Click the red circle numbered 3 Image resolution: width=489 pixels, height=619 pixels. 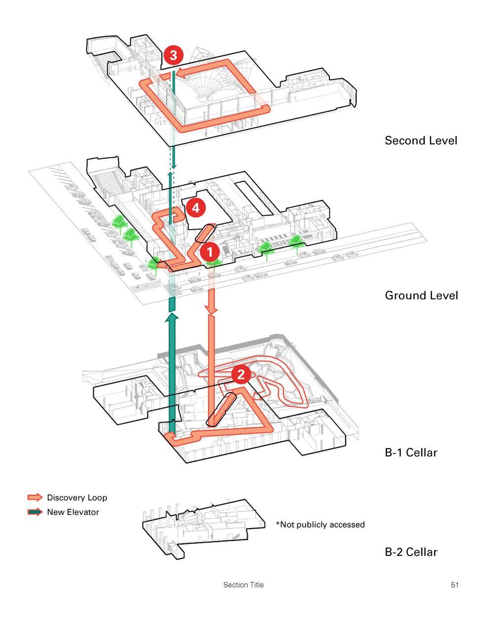pyautogui.click(x=173, y=55)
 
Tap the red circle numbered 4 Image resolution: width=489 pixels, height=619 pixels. pyautogui.click(x=195, y=208)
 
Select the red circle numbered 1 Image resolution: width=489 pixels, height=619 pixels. pyautogui.click(x=209, y=252)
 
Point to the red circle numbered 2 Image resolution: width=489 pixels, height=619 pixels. pyautogui.click(x=241, y=374)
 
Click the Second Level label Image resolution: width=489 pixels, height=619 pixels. pyautogui.click(x=421, y=140)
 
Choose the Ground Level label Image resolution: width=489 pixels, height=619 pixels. pyautogui.click(x=421, y=295)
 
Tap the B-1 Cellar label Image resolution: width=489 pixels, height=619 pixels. pyautogui.click(x=411, y=452)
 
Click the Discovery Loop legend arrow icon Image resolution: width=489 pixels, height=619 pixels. pyautogui.click(x=35, y=497)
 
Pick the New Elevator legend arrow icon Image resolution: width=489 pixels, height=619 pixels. pyautogui.click(x=35, y=512)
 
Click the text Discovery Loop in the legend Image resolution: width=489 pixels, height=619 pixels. pyautogui.click(x=77, y=497)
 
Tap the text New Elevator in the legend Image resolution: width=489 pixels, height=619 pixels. pyautogui.click(x=73, y=512)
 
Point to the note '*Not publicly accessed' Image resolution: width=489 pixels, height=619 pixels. pyautogui.click(x=320, y=524)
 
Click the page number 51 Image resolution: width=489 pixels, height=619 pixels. pyautogui.click(x=454, y=585)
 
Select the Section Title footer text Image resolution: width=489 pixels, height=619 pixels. pyautogui.click(x=244, y=585)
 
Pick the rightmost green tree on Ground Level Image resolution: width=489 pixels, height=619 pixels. pyautogui.click(x=296, y=242)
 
